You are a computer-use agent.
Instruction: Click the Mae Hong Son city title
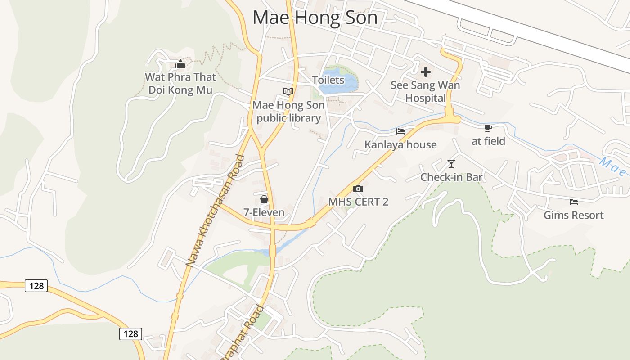315,18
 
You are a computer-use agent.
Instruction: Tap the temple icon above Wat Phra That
180,64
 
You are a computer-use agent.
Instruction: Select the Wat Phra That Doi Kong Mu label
180,83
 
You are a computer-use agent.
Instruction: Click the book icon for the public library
288,91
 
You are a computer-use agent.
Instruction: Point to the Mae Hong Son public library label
288,112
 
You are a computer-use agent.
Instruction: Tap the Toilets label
328,80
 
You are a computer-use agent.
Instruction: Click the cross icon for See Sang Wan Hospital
425,72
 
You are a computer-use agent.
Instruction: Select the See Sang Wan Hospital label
425,91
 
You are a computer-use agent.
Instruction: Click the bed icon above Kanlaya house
400,131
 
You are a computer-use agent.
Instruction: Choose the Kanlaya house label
400,144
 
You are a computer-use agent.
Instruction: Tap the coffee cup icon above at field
488,128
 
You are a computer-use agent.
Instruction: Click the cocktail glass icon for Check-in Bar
451,164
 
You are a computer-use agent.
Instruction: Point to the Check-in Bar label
451,177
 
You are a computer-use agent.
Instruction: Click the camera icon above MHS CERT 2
358,189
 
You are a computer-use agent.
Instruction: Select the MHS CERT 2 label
358,202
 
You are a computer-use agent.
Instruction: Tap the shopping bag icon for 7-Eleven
264,199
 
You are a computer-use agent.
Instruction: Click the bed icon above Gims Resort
573,202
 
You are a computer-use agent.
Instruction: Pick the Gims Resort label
573,215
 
